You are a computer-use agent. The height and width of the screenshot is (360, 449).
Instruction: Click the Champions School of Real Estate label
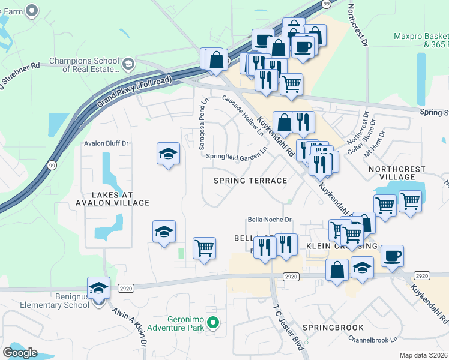tap(84, 65)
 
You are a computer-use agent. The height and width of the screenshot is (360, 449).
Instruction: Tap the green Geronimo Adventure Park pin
tap(212, 324)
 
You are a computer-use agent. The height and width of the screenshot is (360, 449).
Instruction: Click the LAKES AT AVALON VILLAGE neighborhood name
tap(112, 199)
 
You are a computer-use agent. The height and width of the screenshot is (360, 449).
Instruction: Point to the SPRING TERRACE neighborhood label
tap(250, 181)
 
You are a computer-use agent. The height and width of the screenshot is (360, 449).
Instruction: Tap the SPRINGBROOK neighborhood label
tap(333, 328)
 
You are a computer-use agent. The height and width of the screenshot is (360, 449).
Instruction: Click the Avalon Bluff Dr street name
tap(106, 143)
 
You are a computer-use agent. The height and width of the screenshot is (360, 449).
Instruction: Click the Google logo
tap(20, 353)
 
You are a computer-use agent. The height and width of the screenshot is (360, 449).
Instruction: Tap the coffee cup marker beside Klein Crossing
tap(393, 256)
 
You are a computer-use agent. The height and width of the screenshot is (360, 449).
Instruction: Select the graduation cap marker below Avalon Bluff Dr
tap(169, 155)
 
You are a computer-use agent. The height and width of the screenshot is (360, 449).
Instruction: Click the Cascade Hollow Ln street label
tap(244, 116)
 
